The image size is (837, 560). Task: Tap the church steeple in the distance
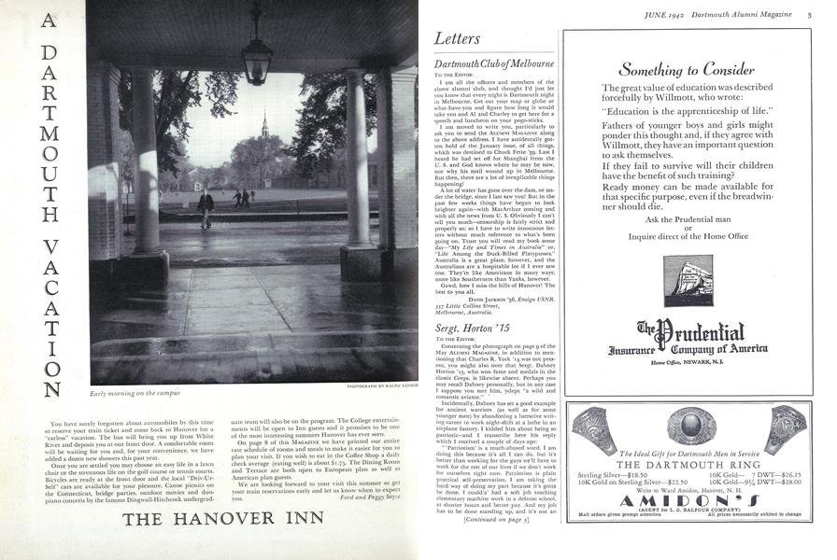point(265,131)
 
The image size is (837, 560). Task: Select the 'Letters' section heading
point(458,40)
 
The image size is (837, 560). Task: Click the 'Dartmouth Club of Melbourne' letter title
point(495,63)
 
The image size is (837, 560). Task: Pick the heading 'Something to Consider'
point(687,69)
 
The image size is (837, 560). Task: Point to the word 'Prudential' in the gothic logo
point(702,330)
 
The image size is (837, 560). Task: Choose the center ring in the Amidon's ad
point(688,427)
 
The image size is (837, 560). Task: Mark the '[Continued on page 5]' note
point(491,544)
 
